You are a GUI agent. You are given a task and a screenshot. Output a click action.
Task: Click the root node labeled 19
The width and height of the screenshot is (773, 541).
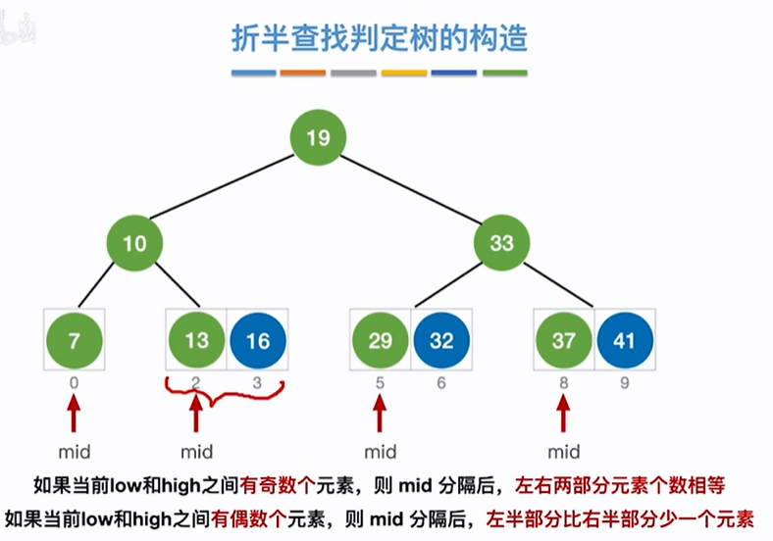click(x=318, y=139)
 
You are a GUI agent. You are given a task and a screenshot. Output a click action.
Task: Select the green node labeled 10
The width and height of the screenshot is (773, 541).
click(x=134, y=242)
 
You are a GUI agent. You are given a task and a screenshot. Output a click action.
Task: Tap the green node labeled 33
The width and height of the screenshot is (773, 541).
click(x=501, y=242)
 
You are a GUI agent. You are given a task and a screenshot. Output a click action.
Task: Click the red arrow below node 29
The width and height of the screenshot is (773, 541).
click(x=380, y=414)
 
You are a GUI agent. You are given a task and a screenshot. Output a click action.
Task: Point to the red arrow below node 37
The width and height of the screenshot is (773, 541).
click(x=564, y=414)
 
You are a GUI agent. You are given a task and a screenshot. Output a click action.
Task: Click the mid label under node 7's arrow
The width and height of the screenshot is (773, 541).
click(x=73, y=452)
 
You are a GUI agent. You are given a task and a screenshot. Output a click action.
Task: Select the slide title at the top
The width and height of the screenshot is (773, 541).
click(x=379, y=38)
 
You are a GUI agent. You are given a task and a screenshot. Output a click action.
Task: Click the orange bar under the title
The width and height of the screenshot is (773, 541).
click(x=302, y=73)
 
